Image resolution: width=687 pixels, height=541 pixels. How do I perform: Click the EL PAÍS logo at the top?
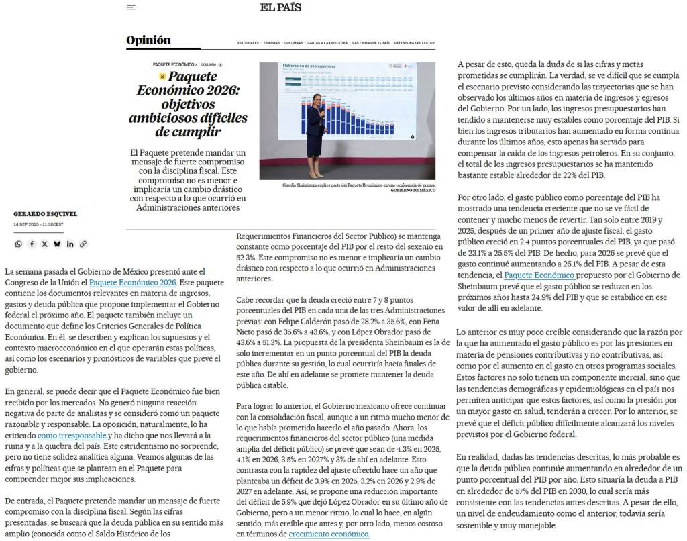point(280,7)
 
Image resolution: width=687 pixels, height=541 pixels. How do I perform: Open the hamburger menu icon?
point(131,7)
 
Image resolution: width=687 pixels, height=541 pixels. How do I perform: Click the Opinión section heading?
point(148,40)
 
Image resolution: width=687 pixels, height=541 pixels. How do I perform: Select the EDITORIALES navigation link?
point(248,43)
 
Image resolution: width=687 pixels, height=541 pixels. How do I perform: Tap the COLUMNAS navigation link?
point(293,43)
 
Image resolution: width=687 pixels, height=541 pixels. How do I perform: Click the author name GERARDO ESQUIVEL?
point(45,214)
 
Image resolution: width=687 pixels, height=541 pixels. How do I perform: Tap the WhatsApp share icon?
point(18,244)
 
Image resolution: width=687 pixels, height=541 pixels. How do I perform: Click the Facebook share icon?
point(32,244)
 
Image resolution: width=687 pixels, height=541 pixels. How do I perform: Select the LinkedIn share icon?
point(70,244)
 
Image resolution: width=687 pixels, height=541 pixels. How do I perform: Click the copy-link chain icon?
point(83,244)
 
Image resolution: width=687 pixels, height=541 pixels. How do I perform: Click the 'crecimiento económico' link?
point(329,534)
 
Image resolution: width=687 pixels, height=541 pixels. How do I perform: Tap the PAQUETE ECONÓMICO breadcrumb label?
point(174,64)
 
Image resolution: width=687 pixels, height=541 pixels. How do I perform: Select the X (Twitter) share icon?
point(44,244)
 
